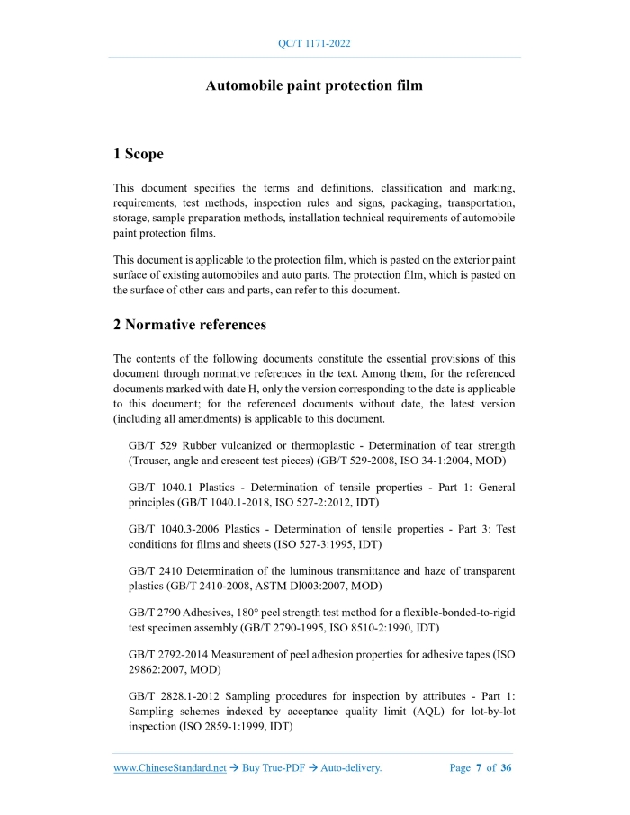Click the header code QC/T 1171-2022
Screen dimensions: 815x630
coord(315,43)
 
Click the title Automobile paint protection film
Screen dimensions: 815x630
coord(314,86)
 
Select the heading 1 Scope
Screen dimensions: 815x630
coord(139,154)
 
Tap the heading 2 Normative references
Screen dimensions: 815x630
coord(190,324)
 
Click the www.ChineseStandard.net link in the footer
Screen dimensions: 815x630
coord(170,767)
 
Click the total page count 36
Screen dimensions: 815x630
coord(506,767)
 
